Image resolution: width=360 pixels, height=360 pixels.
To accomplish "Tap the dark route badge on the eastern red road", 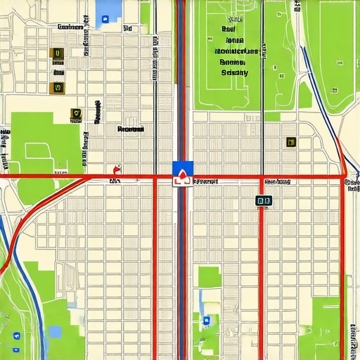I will (263, 200).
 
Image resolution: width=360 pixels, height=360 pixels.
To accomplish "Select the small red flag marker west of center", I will (116, 170).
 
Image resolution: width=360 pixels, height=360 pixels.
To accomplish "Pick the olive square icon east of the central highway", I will (290, 142).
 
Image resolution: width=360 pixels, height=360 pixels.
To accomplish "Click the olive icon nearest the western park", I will (76, 113).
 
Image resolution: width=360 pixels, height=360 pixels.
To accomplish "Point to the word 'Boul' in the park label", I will (228, 30).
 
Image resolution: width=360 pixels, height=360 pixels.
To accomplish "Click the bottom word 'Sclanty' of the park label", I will (235, 72).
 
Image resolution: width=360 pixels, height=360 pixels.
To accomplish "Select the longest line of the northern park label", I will (236, 51).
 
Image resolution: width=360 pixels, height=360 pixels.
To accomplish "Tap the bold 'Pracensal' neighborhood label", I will (130, 129).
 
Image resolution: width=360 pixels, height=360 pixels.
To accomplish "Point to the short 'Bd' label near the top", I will (128, 29).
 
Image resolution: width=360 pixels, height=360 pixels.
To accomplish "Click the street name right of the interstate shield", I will (205, 181).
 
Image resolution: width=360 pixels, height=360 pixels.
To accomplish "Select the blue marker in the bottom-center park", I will (206, 321).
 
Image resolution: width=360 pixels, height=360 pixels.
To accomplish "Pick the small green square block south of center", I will (209, 277).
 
